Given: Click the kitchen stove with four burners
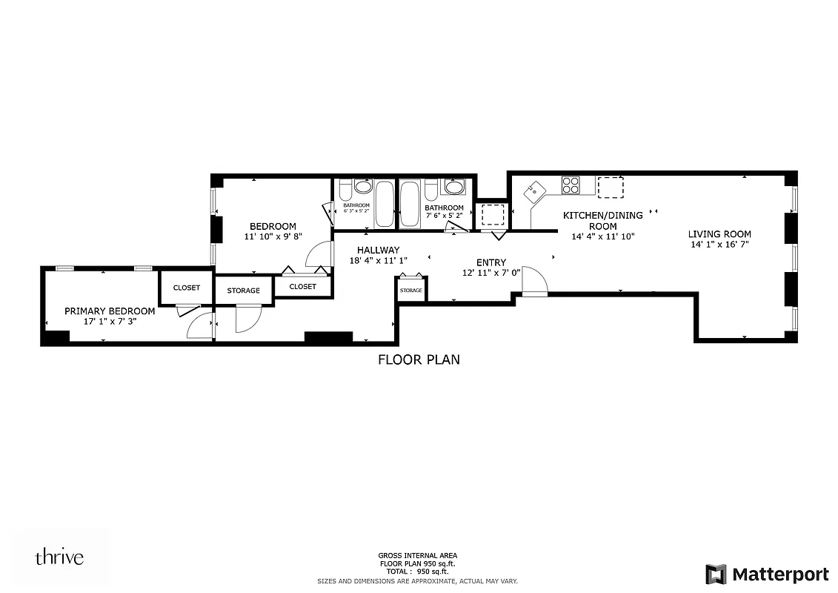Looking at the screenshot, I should point(571,185).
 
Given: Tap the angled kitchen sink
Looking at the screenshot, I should point(533,193).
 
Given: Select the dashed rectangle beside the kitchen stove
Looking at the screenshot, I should point(611,188).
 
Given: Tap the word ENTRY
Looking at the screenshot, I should point(491,262).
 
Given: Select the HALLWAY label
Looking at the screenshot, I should point(378,251).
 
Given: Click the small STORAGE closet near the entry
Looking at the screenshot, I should point(411,290).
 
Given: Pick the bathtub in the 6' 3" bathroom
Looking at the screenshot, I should point(385,204).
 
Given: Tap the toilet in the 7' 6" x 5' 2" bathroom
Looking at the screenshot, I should point(430,191).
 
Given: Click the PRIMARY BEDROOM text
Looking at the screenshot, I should point(110,311).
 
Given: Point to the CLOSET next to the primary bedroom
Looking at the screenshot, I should point(187,288).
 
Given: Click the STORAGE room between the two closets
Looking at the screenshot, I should point(243,291).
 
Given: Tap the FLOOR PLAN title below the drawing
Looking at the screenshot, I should point(419,360).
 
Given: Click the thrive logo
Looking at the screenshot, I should point(59,557).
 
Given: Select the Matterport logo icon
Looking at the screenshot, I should point(716,574).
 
